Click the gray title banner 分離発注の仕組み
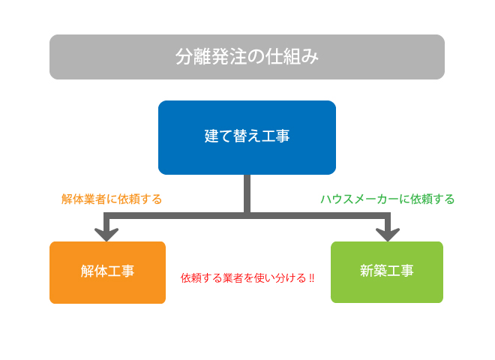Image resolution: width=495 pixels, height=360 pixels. (247, 57)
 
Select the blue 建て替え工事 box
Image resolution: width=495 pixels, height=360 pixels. (247, 137)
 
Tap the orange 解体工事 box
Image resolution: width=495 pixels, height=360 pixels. (108, 272)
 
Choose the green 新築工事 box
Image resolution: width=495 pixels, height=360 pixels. (387, 272)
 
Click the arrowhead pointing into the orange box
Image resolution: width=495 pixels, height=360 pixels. (106, 234)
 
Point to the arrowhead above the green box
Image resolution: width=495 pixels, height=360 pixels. (388, 234)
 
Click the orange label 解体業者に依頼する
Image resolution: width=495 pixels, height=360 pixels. (112, 199)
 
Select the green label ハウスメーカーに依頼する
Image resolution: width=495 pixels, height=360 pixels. (387, 199)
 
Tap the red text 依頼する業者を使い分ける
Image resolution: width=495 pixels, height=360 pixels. (244, 278)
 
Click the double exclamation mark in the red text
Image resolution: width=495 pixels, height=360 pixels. (311, 278)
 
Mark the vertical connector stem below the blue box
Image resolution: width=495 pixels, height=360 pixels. (247, 193)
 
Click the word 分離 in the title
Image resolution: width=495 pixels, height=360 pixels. (193, 57)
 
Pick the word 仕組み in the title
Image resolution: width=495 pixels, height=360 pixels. (292, 57)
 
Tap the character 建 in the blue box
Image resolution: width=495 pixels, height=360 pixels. (211, 136)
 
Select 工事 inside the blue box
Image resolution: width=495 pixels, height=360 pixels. (275, 136)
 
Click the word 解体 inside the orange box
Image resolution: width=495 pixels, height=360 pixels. (94, 271)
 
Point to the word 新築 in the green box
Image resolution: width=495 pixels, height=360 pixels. (373, 271)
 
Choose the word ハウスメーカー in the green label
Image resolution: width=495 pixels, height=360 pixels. (359, 199)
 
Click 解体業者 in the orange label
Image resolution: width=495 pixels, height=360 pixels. (83, 199)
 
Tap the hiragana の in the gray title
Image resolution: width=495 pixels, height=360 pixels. (256, 57)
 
